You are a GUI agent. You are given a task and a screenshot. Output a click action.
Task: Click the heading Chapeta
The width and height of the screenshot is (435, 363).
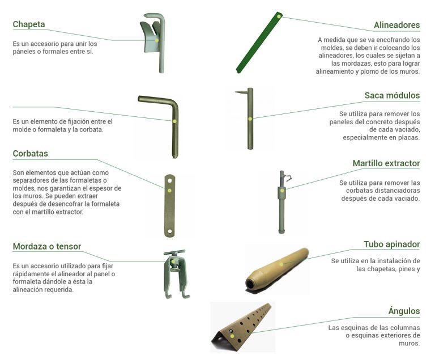pyautogui.click(x=29, y=24)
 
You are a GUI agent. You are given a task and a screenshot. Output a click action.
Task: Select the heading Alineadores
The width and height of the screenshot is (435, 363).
pyautogui.click(x=396, y=25)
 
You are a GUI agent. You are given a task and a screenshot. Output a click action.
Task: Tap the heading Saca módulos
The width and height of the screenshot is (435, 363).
pyautogui.click(x=392, y=95)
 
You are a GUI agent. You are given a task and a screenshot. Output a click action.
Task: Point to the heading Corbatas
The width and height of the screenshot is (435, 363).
pyautogui.click(x=30, y=153)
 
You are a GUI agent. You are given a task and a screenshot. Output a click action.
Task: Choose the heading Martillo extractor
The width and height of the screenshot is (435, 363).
pyautogui.click(x=386, y=163)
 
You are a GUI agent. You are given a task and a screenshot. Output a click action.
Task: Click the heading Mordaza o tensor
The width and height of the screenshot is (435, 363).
pyautogui.click(x=46, y=246)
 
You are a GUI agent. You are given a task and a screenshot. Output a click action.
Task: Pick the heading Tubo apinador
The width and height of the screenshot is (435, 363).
pyautogui.click(x=391, y=244)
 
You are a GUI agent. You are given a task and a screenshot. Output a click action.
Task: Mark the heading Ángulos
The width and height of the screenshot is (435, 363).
pyautogui.click(x=404, y=311)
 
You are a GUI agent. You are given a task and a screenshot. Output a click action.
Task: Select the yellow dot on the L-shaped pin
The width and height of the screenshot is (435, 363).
pyautogui.click(x=175, y=121)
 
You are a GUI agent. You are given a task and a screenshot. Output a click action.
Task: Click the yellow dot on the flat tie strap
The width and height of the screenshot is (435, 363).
pyautogui.click(x=169, y=191)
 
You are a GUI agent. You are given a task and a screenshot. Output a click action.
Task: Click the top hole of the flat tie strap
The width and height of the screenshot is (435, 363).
pyautogui.click(x=169, y=180)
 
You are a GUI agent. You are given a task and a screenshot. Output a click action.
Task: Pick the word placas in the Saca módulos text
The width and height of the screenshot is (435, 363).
pyautogui.click(x=407, y=137)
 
